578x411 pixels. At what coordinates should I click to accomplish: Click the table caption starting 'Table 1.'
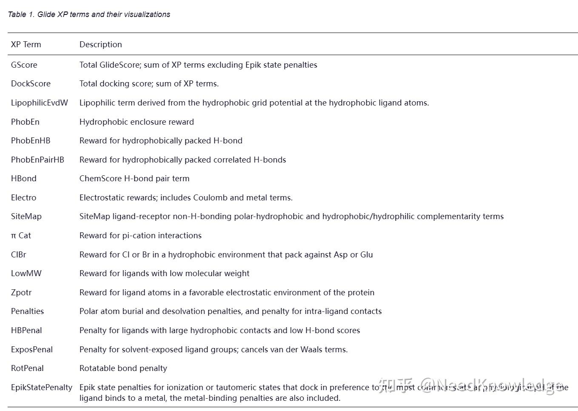pos(89,14)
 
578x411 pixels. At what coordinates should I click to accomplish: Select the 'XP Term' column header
pos(26,45)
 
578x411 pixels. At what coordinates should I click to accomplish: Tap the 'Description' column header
pos(100,45)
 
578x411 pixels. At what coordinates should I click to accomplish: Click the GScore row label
pos(24,65)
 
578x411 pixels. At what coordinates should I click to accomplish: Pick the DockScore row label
pos(31,84)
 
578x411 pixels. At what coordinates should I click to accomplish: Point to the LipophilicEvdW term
pos(39,103)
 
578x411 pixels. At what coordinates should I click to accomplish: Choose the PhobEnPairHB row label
pos(37,160)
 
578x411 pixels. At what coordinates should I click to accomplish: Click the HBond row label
pos(24,179)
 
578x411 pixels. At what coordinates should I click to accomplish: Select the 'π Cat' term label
pos(21,236)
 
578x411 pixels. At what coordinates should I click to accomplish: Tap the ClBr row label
pos(19,255)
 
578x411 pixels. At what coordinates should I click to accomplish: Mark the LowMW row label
pos(26,274)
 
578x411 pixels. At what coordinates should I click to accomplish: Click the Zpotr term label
pos(21,293)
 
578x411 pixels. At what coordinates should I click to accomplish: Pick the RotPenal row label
pos(27,368)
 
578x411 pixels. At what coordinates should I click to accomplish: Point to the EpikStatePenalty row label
pos(41,388)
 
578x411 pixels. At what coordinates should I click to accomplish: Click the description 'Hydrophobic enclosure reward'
pos(137,122)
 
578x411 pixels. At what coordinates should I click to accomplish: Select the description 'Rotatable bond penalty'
pos(123,368)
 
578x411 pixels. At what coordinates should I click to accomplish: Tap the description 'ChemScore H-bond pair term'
pos(134,179)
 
